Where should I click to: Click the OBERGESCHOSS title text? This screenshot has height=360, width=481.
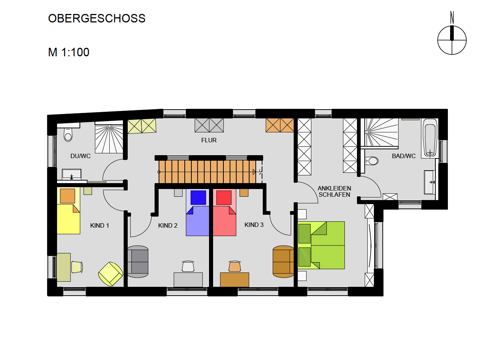tap(97, 18)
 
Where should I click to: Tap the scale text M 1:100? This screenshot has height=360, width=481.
tap(68, 52)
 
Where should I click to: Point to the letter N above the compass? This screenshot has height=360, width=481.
tap(452, 18)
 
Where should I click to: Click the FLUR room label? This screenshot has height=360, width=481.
tap(209, 140)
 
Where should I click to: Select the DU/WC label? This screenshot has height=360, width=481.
tap(81, 156)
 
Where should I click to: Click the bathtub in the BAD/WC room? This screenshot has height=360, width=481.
tap(429, 138)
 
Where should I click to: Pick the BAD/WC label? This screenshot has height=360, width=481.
tap(404, 156)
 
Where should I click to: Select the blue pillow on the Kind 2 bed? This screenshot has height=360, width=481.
tap(198, 197)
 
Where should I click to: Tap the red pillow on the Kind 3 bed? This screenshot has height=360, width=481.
tap(224, 197)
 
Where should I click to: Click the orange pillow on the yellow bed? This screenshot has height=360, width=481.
tap(67, 196)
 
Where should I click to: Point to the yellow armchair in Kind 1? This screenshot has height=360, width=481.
tap(111, 274)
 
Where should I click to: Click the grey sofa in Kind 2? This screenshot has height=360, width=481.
tap(138, 261)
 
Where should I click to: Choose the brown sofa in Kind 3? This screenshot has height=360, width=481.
tap(283, 261)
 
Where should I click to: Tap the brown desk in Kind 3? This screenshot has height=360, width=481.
tap(234, 279)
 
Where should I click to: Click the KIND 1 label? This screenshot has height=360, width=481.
tap(99, 225)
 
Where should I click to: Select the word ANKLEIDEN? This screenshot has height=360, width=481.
tap(335, 188)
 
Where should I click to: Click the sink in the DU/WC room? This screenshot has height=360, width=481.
tap(71, 174)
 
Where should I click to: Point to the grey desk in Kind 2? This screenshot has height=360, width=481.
tap(188, 279)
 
